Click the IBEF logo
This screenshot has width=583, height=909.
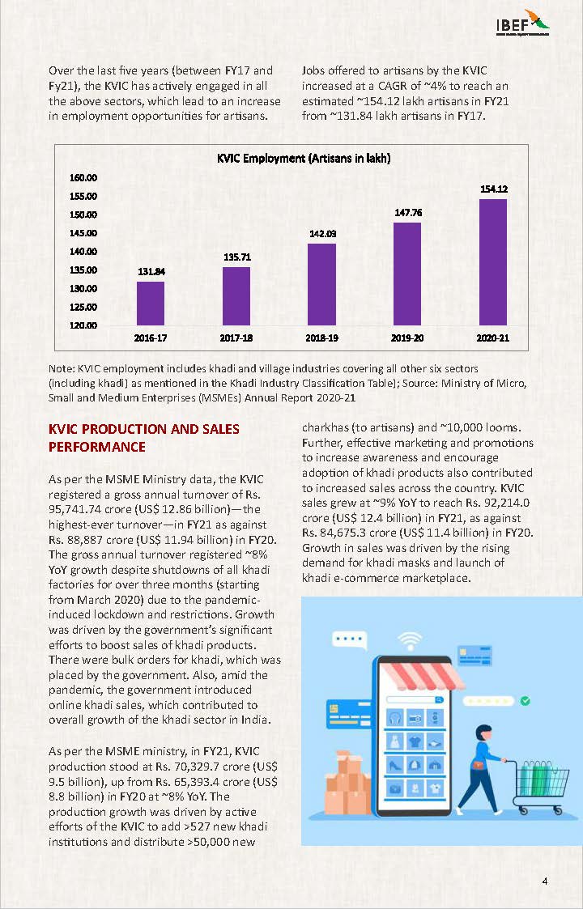tap(522, 23)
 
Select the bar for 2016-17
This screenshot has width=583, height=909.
tap(150, 304)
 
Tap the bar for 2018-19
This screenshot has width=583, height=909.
tap(321, 284)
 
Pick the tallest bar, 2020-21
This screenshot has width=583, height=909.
tap(492, 262)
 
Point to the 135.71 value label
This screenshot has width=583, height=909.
tap(236, 257)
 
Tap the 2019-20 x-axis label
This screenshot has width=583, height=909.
tap(407, 337)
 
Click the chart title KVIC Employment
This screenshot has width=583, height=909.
tap(303, 159)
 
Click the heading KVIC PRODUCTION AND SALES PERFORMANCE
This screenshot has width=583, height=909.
tap(144, 438)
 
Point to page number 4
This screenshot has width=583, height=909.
tap(546, 881)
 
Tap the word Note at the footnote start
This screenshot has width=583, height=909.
tap(62, 368)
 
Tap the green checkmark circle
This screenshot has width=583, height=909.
tap(525, 700)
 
